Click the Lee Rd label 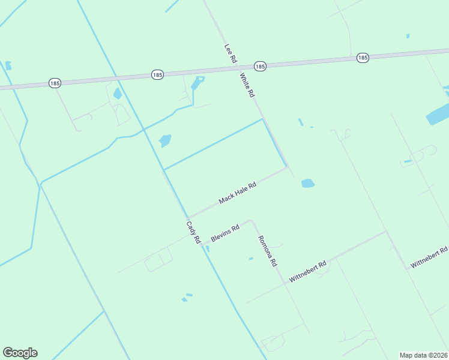coord(231,54)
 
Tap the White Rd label coord(247,85)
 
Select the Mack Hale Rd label coord(238,193)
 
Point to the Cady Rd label coord(193,232)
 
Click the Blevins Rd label coord(225,233)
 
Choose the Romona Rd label coord(267,251)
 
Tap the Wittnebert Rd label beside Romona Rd coord(307,271)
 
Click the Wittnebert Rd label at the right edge coord(429,257)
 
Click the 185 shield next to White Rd coord(259,65)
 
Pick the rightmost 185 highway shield coord(362,58)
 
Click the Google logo coord(20,353)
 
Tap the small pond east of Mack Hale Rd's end coord(307,183)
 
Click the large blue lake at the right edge coord(438,113)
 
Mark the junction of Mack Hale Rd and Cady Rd coord(188,217)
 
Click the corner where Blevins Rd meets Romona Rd coord(252,220)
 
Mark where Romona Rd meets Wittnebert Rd coord(285,283)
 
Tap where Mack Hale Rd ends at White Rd coord(288,167)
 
